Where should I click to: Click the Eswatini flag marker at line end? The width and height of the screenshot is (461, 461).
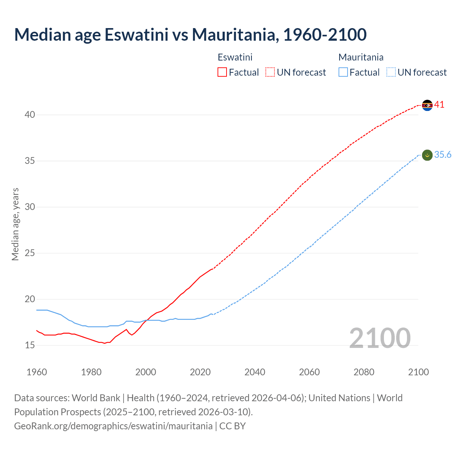point(427,105)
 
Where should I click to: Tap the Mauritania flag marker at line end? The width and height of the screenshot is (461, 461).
point(427,155)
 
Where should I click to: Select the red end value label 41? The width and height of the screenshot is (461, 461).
point(439,105)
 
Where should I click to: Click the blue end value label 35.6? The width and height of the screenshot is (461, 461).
point(443,155)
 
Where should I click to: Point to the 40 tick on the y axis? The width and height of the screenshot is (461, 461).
point(30,115)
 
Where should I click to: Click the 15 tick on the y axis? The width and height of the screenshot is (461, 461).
point(30,345)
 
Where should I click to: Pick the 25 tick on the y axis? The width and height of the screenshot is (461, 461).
point(30,253)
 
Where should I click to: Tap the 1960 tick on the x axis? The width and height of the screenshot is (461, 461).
point(37,372)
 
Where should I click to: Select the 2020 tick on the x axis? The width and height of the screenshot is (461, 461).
point(200,372)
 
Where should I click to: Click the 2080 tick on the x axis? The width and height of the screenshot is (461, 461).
point(364,372)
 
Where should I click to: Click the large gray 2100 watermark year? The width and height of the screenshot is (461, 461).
point(380,338)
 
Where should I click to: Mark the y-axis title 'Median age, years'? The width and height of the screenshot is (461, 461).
point(15,224)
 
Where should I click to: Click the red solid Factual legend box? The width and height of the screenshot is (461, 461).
point(222,72)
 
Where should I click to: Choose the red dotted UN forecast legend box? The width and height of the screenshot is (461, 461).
point(270,72)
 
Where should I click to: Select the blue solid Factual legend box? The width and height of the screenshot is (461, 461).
point(343,72)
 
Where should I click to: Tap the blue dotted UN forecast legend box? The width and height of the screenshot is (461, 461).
point(391,72)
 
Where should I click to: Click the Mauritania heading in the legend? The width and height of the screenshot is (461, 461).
point(361,57)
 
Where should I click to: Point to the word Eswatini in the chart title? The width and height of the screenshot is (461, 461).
point(136,35)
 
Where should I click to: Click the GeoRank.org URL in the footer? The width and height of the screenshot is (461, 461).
point(113,426)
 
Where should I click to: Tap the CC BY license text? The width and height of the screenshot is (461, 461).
point(233,426)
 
